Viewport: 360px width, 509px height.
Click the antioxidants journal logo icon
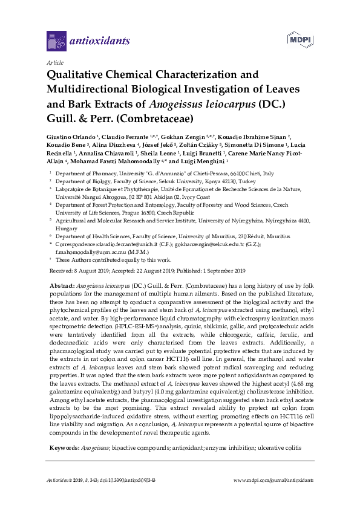[x=56, y=42]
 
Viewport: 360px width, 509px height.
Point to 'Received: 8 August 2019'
[x=77, y=270]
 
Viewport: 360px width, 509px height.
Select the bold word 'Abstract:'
[x=62, y=284]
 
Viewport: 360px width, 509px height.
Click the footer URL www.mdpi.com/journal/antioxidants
[x=273, y=479]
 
